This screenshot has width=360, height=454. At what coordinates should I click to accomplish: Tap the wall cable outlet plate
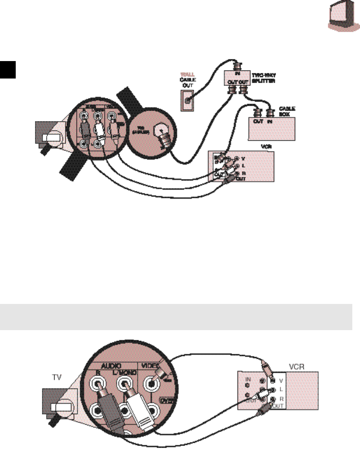pos(187,101)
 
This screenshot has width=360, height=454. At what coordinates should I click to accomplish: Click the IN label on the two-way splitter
pos(238,74)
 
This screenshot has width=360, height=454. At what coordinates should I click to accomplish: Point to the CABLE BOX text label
pos(287,111)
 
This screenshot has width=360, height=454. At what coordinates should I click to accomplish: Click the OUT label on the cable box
pos(258,121)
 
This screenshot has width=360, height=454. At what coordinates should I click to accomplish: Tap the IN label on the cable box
pos(270,121)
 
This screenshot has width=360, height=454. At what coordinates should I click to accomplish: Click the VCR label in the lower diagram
pos(297,367)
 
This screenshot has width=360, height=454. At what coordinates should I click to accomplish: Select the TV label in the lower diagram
pos(57,378)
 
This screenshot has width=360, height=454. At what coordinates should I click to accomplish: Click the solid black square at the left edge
pos(8,70)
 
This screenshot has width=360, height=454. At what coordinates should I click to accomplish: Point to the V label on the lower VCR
pos(281,381)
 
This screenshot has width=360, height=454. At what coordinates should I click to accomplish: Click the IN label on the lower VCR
pos(248,379)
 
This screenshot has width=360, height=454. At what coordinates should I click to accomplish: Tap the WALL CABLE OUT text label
pos(188,80)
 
